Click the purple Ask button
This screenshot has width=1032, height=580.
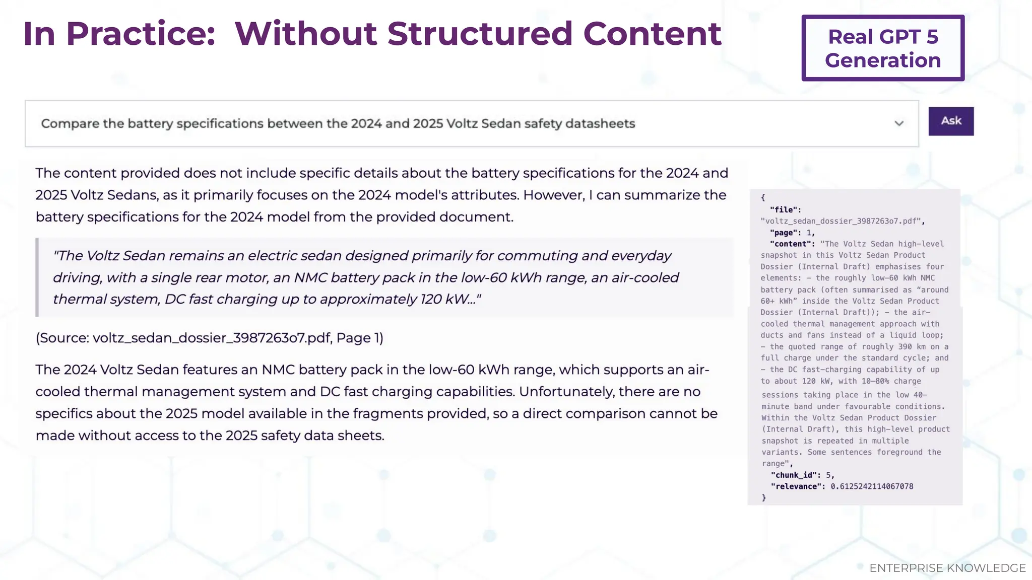click(951, 121)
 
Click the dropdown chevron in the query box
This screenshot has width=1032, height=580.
click(899, 123)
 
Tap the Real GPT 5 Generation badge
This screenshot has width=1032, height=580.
click(883, 48)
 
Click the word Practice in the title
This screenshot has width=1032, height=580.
click(141, 34)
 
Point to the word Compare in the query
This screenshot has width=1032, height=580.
click(70, 124)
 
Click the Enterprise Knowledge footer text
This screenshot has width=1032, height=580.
click(947, 568)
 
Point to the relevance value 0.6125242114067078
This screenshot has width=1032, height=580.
click(872, 486)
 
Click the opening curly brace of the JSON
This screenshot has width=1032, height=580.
click(763, 198)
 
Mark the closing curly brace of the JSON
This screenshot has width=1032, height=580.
click(764, 498)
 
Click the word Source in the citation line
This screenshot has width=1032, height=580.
click(63, 338)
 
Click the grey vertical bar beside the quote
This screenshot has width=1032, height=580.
click(37, 277)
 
